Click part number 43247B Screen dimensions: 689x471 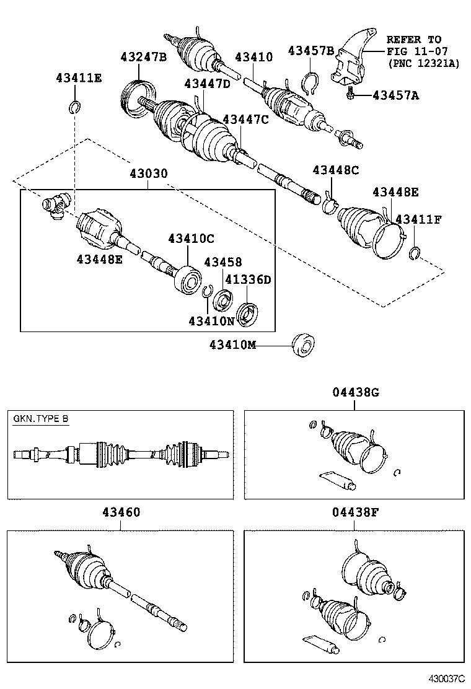(x=143, y=58)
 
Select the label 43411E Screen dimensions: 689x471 (x=79, y=78)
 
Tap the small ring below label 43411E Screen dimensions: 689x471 (x=74, y=108)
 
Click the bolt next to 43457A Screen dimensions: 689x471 (x=351, y=94)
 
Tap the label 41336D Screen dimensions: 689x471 (x=247, y=279)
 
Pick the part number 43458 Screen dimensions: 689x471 (x=223, y=263)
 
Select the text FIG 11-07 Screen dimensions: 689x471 (x=414, y=51)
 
